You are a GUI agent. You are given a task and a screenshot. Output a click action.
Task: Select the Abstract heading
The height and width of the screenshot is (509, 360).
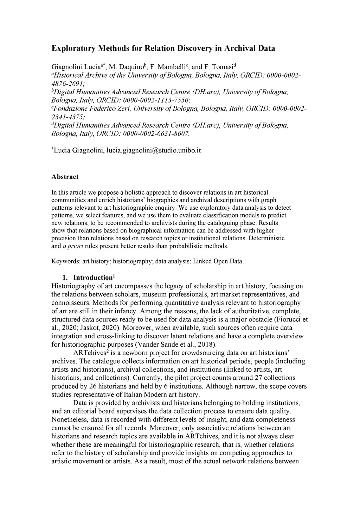click(65, 177)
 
